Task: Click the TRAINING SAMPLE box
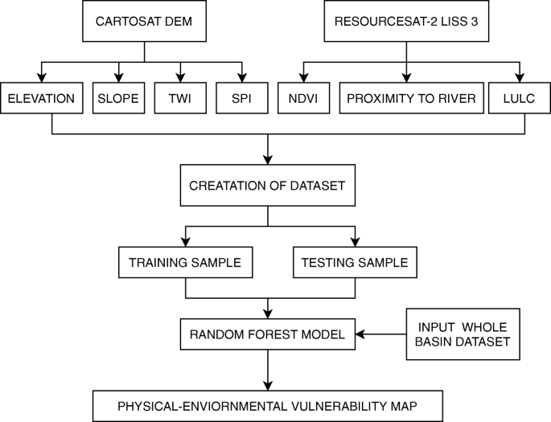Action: pyautogui.click(x=186, y=262)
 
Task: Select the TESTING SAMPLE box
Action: pyautogui.click(x=354, y=262)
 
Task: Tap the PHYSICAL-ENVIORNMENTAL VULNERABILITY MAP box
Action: pyautogui.click(x=268, y=404)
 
